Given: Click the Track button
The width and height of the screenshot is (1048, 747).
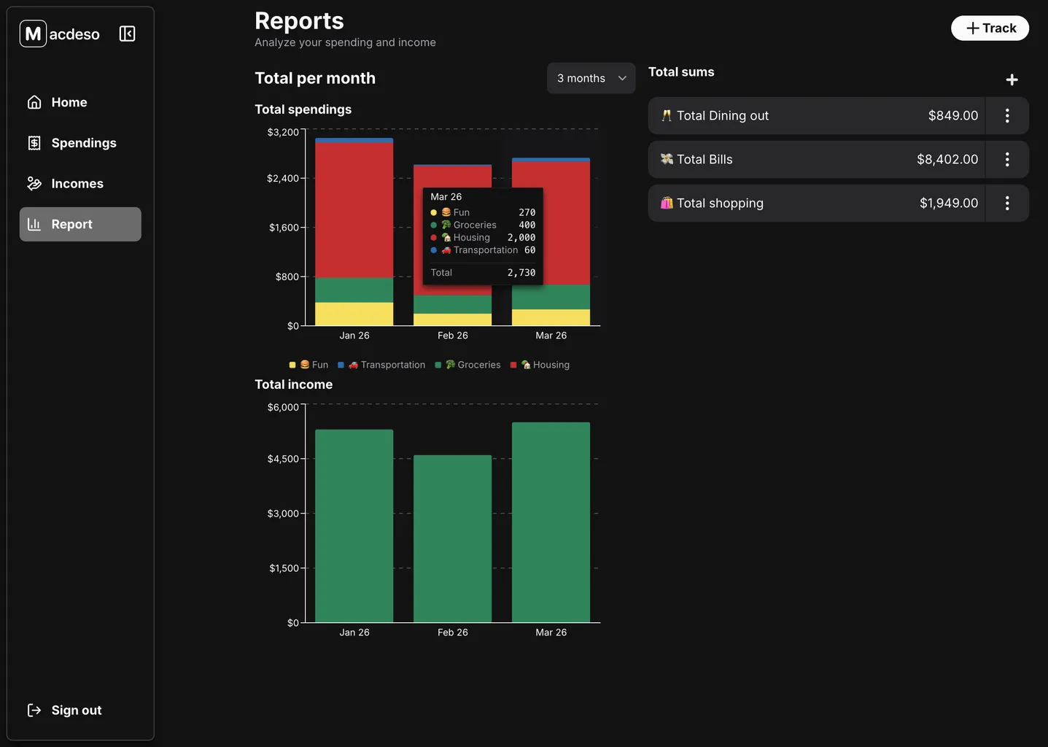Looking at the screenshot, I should pos(990,28).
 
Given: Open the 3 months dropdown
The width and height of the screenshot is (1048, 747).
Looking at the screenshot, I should pos(591,78).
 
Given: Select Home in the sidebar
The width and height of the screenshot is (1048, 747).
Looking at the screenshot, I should pos(69,103).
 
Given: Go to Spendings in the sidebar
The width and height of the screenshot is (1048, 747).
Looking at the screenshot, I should pos(83,143).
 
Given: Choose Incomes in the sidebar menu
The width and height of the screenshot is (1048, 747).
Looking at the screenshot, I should pos(77,184).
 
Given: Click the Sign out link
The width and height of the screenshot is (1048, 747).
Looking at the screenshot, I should pos(76,711).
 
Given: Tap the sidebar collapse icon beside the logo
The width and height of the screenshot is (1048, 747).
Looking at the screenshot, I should pos(127,34).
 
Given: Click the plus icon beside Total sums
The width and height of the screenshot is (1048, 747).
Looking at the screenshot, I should pos(1012,80).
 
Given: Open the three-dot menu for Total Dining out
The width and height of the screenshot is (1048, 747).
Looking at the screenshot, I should pos(1007,115).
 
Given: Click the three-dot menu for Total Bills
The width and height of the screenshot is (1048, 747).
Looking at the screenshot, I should pos(1007,159).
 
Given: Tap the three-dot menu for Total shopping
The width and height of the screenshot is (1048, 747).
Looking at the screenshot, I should pos(1007,203).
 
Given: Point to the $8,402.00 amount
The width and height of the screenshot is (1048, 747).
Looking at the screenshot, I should pos(947,159).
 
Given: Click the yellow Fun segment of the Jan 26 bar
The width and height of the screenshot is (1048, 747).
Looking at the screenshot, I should pos(354,314).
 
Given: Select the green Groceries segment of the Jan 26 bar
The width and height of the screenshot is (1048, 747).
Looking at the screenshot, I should pos(354,290).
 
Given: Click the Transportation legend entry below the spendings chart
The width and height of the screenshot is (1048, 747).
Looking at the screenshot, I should pos(387,365).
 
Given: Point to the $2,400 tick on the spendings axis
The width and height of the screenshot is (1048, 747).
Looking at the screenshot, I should pos(283,179).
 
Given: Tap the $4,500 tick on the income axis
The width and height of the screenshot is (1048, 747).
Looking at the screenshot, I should pos(283,459).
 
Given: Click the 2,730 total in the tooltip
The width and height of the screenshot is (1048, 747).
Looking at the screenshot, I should pos(521,273).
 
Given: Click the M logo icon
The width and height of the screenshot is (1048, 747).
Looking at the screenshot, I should pos(33,34).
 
